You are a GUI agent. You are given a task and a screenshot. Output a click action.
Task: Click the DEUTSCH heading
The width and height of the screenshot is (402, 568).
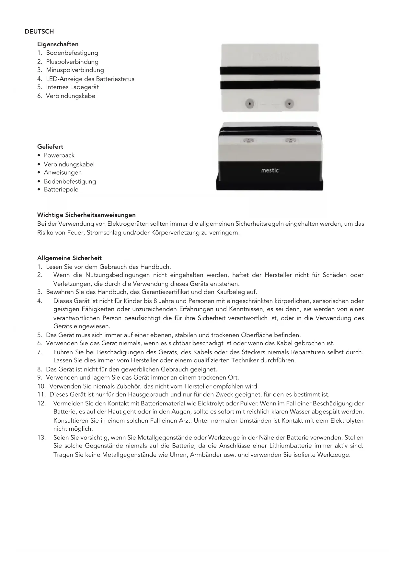39,31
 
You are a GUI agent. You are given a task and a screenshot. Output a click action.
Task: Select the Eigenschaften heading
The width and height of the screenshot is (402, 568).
58,44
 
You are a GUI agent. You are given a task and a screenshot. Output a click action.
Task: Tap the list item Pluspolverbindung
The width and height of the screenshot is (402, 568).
72,62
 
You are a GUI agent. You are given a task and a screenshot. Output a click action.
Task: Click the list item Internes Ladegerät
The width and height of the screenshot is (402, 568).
72,87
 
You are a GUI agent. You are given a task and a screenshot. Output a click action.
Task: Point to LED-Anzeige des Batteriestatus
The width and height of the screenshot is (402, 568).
90,79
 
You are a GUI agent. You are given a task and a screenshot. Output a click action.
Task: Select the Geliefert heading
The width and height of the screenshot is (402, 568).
50,146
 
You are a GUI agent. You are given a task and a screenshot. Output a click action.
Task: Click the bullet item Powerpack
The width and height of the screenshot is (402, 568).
59,155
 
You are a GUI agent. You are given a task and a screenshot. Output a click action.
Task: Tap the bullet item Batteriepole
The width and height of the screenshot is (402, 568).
61,189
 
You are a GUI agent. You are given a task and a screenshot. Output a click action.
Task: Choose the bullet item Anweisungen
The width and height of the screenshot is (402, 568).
63,172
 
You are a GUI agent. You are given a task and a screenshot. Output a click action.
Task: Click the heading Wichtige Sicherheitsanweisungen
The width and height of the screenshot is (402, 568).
86,215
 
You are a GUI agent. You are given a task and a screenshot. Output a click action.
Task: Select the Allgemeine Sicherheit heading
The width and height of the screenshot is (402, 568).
69,258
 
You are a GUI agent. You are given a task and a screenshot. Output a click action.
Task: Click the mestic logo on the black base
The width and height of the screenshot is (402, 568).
270,170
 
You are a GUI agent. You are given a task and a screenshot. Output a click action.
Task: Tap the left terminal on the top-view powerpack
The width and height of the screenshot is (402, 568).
249,104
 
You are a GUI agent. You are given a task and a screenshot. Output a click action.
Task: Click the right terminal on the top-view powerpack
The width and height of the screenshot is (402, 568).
289,104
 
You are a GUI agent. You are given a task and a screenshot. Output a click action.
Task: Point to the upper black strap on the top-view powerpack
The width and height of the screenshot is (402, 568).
270,71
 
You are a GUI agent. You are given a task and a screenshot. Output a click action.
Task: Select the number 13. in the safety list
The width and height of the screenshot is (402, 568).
41,437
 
